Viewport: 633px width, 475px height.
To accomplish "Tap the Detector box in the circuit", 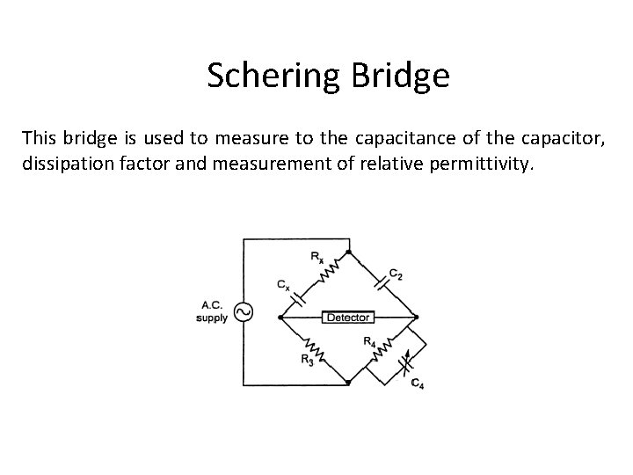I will pyautogui.click(x=347, y=317).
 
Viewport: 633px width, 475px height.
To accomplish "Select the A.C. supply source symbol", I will pyautogui.click(x=242, y=312).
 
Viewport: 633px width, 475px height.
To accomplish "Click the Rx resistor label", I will pyautogui.click(x=315, y=257).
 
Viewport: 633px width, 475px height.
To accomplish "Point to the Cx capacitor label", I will pyautogui.click(x=281, y=286).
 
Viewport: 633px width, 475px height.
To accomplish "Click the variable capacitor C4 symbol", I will pyautogui.click(x=404, y=362).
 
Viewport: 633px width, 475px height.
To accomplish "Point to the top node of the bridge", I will pyautogui.click(x=348, y=252).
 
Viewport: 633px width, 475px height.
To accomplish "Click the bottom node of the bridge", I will pyautogui.click(x=348, y=384).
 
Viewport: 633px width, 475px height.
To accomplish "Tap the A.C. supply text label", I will pyautogui.click(x=212, y=312).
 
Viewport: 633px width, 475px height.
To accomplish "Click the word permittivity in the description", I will pyautogui.click(x=488, y=162).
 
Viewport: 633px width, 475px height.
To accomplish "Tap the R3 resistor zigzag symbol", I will pyautogui.click(x=316, y=351).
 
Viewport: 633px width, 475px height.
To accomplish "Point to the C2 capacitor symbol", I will pyautogui.click(x=380, y=283).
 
